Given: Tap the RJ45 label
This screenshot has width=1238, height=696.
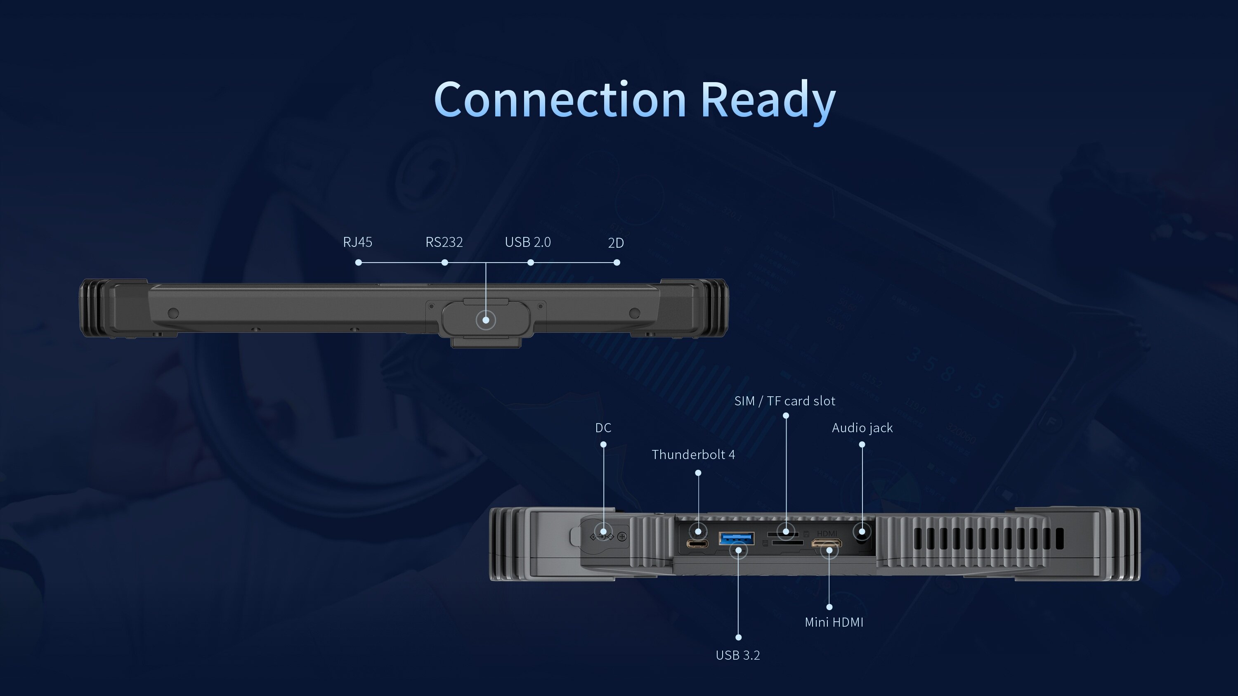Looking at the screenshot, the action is pos(357,242).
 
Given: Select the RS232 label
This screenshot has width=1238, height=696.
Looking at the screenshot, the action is pos(444,242).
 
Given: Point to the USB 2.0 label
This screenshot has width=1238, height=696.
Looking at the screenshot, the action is pos(528,242).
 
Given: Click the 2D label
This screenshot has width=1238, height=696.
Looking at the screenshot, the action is pos(616,243).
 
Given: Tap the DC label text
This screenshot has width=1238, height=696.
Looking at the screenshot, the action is pos(603,428).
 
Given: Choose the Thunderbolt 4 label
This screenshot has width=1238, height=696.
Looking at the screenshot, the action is pos(693,455).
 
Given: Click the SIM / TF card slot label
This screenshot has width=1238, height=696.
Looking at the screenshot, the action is pos(785,401).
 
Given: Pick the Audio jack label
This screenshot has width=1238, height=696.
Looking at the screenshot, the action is pos(862,428).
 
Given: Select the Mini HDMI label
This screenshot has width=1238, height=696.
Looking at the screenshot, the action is pos(834,622).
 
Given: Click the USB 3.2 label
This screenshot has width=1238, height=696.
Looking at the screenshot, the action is pos(738,655).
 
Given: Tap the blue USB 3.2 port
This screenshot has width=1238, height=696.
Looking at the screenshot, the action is pos(736,538).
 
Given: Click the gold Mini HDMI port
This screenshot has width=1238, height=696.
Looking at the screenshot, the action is pos(826,544).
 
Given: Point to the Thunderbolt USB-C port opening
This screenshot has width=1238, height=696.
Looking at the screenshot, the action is pos(697,544).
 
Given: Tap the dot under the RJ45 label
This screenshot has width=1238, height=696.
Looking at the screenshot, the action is pos(359,263).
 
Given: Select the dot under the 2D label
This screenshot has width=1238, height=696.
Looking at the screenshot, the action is pos(617,263).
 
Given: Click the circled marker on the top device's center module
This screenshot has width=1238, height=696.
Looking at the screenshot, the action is pos(486,320).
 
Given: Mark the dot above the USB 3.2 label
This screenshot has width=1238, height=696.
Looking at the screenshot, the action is pos(739,637).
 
